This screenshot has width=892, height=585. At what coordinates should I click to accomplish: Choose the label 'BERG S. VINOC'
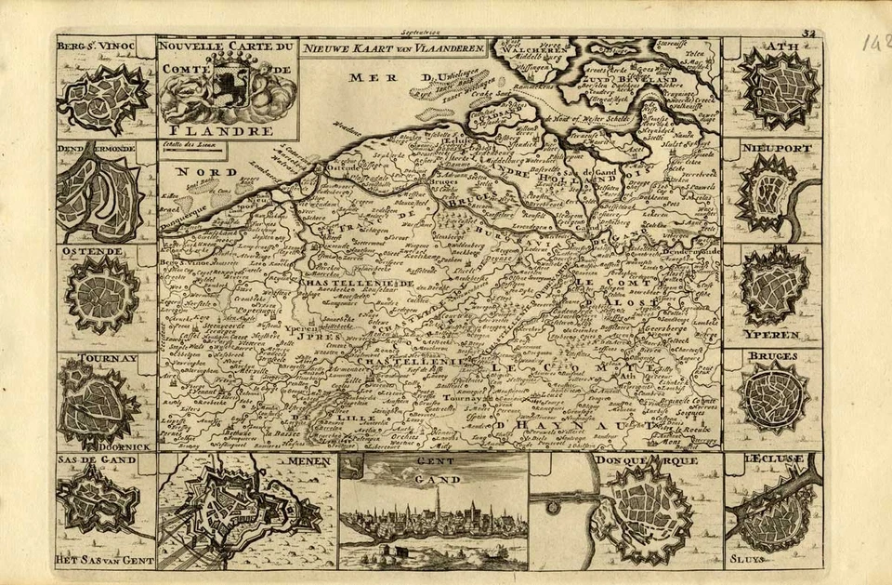(96, 44)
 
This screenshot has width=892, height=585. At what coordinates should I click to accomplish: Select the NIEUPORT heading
(770, 148)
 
